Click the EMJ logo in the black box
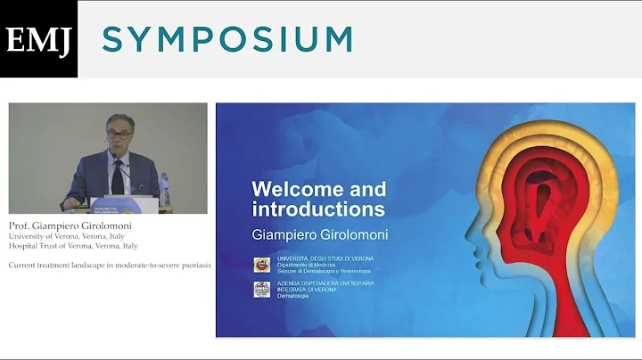tap(38, 39)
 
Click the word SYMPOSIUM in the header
tap(227, 39)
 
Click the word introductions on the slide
tap(318, 210)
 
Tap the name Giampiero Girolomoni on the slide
tap(317, 233)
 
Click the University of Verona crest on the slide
tap(262, 264)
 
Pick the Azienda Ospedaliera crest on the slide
tap(262, 289)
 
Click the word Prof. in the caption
tap(21, 225)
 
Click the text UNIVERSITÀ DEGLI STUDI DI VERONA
tap(325, 258)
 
